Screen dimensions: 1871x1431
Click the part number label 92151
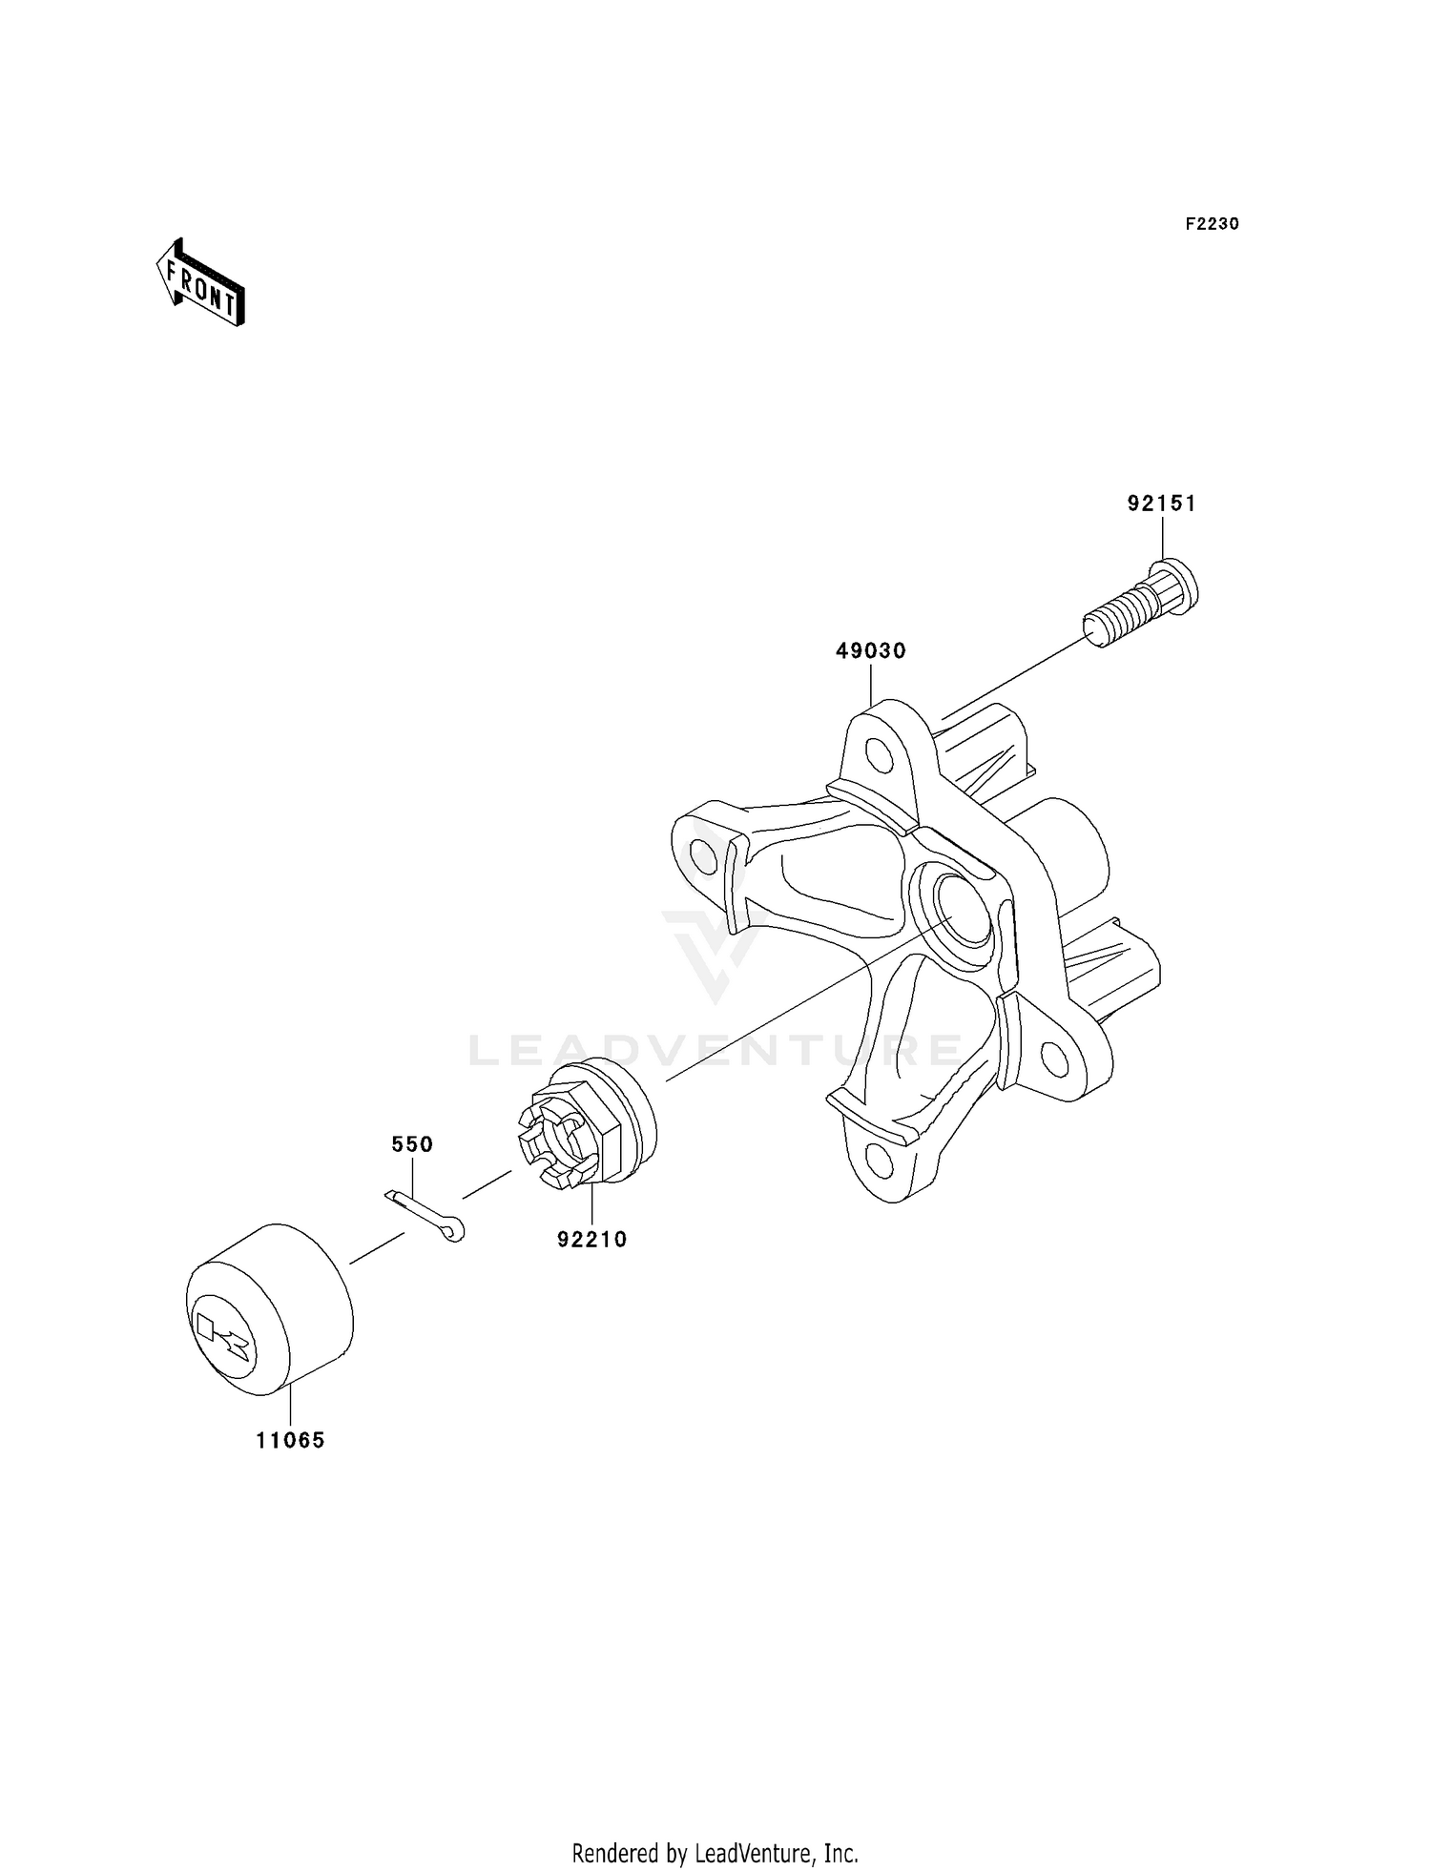(x=1161, y=504)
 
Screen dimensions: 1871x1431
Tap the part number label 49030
(x=870, y=651)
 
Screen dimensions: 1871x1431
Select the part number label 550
(x=412, y=1144)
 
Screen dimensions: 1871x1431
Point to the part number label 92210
(x=592, y=1240)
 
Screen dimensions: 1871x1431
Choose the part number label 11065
(x=290, y=1441)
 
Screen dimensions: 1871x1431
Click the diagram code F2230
(x=1212, y=224)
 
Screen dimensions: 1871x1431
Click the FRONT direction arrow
(x=201, y=283)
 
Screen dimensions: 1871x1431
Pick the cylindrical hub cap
(x=269, y=1308)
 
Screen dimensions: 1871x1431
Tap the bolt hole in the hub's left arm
(x=703, y=856)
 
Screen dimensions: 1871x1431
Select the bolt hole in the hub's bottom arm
(x=878, y=1163)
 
